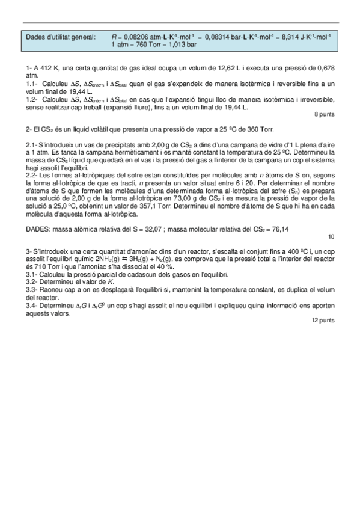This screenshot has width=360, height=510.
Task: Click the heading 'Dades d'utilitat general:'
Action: pyautogui.click(x=61, y=37)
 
